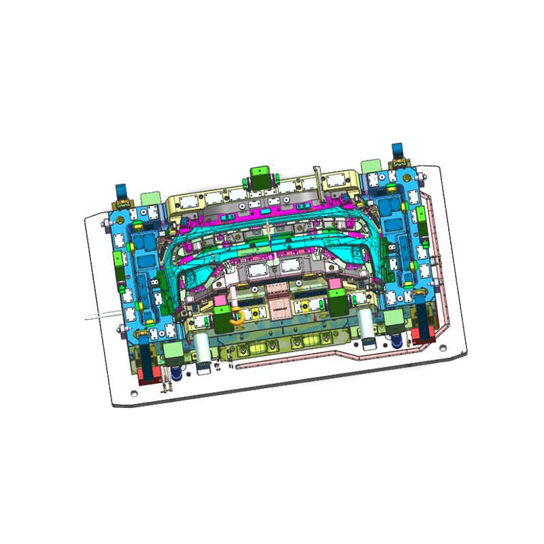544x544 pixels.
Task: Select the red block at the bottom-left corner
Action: click(148, 373)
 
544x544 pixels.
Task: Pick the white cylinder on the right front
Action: click(367, 324)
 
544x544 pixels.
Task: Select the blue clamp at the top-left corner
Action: click(122, 192)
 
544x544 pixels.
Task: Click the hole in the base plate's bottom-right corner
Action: click(443, 348)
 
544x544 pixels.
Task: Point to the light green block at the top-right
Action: click(371, 166)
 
